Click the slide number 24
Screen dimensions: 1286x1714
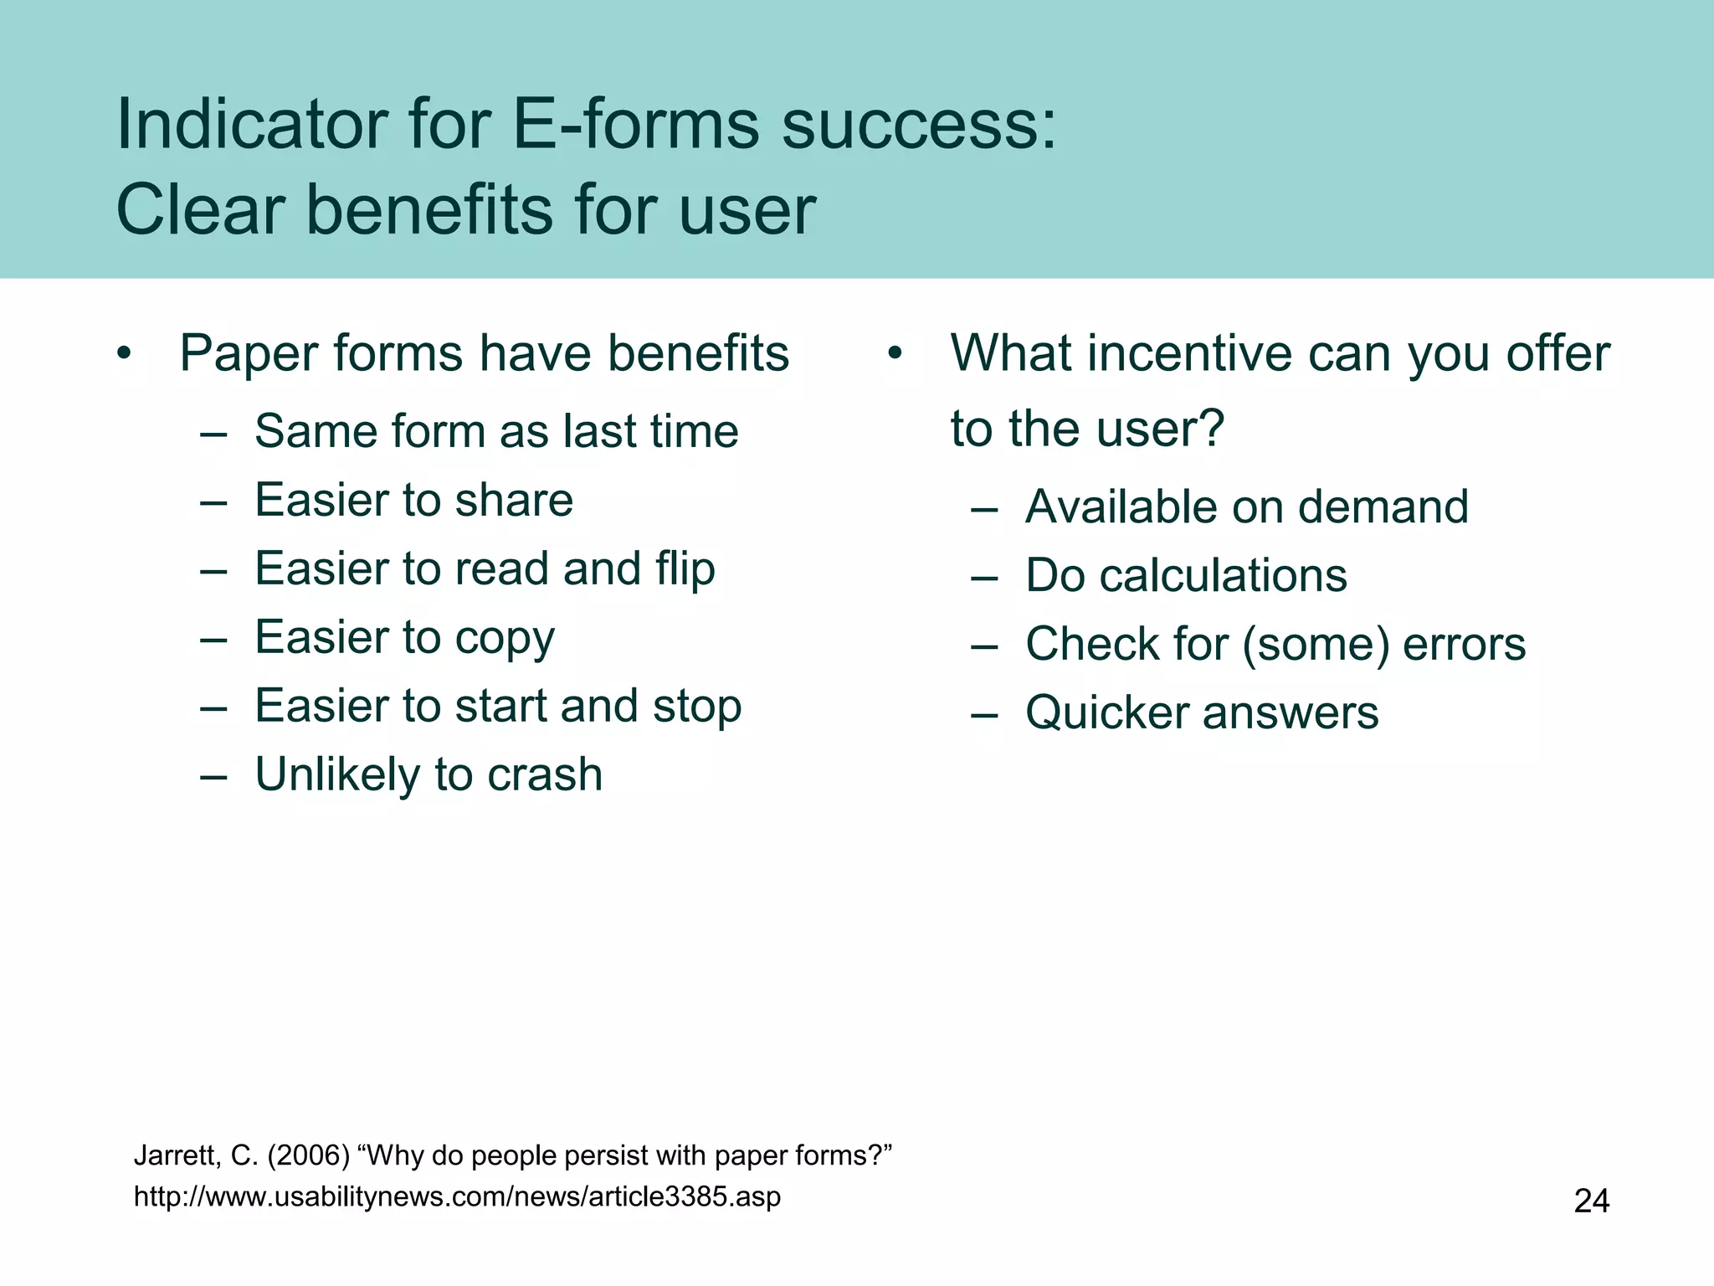[1591, 1201]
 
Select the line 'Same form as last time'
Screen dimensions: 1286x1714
[496, 431]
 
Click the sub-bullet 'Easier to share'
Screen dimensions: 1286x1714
[413, 500]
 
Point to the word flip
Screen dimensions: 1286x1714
[685, 569]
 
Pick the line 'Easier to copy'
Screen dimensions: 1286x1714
[404, 638]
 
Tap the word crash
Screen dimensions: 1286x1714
[545, 774]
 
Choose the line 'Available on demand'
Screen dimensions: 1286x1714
[1246, 507]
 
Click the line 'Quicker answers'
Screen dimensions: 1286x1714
[1202, 713]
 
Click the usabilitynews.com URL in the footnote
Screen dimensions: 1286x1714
[457, 1196]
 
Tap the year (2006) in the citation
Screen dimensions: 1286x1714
[308, 1155]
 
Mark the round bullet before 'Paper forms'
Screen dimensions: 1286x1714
[125, 353]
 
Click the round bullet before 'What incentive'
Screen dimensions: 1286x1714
[895, 353]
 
